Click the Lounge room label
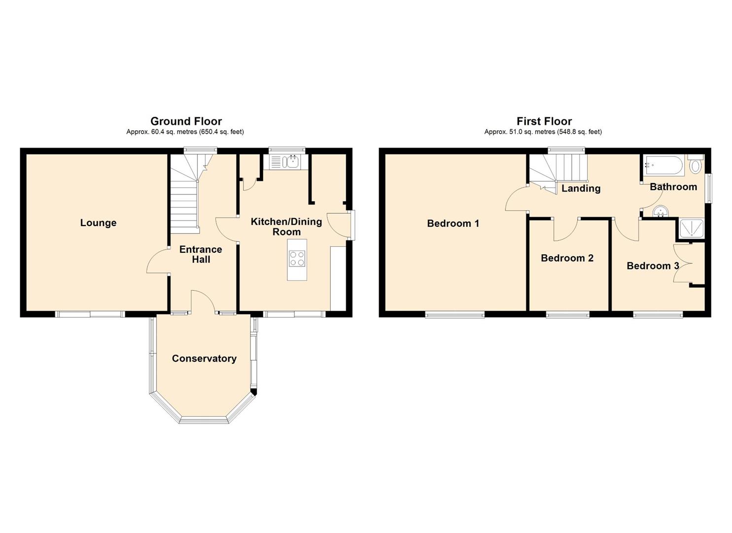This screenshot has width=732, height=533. tap(99, 223)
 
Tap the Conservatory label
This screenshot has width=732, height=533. tap(204, 359)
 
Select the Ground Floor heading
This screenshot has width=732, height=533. tap(186, 121)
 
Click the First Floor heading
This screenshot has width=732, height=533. tap(544, 121)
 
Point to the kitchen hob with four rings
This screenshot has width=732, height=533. tap(297, 258)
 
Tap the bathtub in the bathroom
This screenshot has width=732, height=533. tap(663, 165)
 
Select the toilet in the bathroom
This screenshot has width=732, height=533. tap(696, 163)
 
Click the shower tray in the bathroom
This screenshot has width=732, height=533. tap(691, 229)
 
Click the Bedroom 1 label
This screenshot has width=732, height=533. tap(453, 224)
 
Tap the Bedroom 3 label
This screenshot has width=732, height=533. tap(653, 266)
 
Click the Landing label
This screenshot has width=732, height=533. tap(581, 189)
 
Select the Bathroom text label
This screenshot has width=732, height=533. tap(673, 187)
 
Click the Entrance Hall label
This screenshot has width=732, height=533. tap(201, 255)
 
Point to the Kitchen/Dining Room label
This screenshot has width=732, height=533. tap(286, 227)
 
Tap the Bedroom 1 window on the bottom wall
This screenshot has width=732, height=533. tap(455, 315)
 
